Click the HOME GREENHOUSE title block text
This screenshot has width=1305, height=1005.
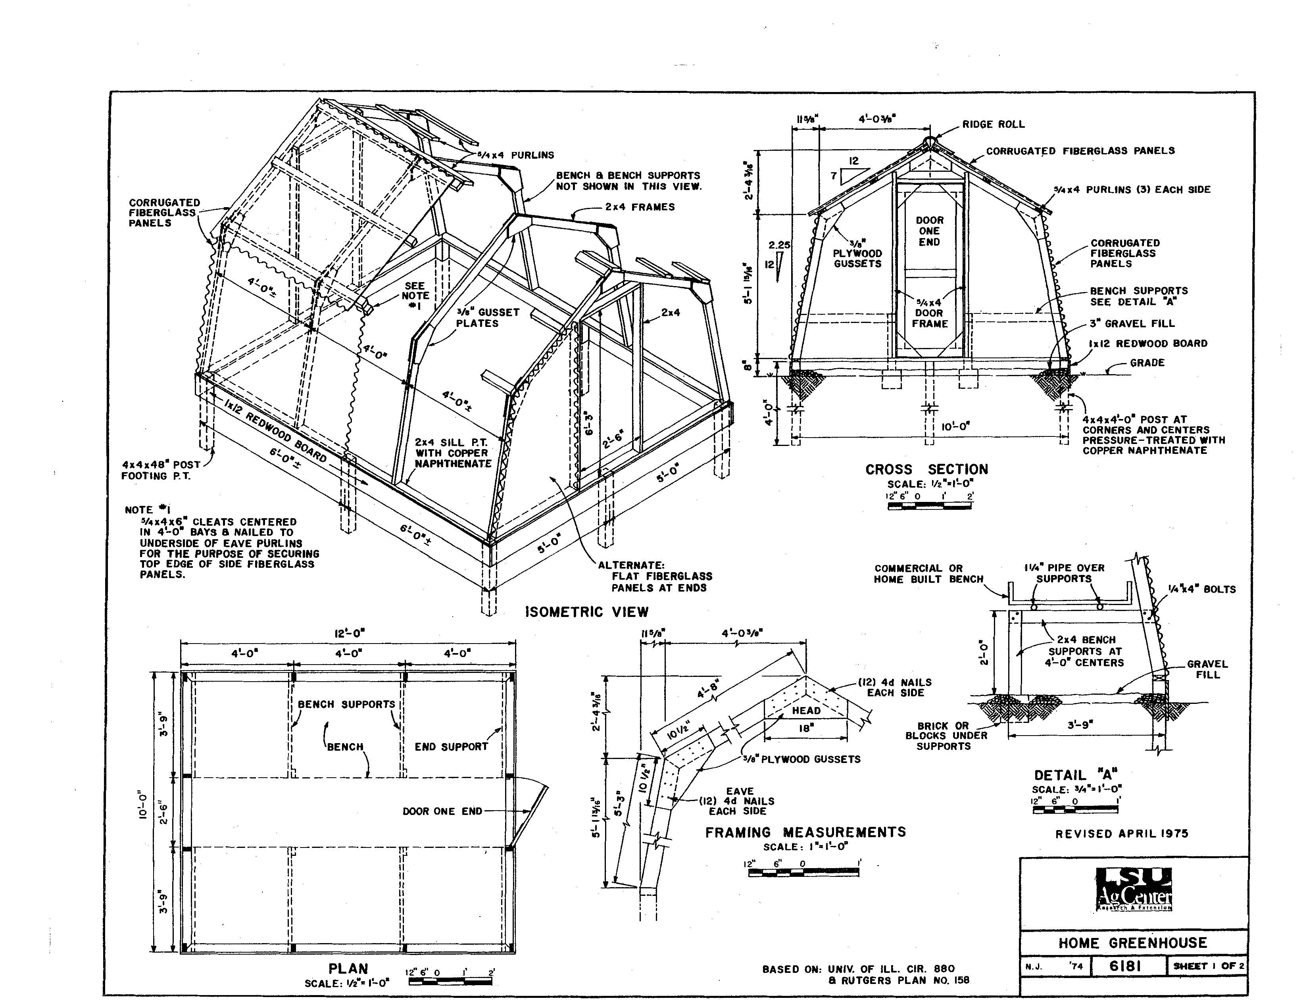pos(1132,943)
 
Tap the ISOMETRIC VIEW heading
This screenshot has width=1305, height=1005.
pos(587,612)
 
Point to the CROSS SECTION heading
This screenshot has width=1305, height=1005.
pos(927,470)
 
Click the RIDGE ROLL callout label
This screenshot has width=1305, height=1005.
pos(993,124)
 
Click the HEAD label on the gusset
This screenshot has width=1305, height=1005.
pos(806,711)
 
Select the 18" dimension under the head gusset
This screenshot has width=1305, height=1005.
pos(807,728)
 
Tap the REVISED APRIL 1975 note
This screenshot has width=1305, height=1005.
pos(1122,834)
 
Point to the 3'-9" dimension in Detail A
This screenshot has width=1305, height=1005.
pos(1080,725)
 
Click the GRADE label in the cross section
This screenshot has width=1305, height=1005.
pos(1147,363)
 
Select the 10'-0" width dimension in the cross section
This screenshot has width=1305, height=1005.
pos(955,426)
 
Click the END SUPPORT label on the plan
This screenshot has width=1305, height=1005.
pos(451,747)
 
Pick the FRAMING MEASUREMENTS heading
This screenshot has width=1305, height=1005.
pos(805,832)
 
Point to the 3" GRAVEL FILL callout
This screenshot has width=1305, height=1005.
pos(1132,323)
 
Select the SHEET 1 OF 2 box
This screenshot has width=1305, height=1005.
pos(1208,966)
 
